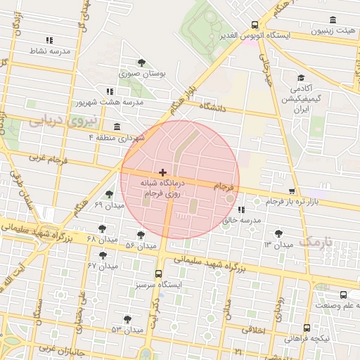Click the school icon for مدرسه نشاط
tap(49, 40)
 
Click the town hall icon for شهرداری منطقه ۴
tap(115, 127)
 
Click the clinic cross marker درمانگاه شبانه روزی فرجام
tap(163, 172)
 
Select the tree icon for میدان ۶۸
tap(103, 229)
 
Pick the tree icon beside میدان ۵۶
tap(141, 235)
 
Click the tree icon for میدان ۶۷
tap(103, 255)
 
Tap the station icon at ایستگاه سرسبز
tap(157, 274)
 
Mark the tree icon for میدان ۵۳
tap(127, 319)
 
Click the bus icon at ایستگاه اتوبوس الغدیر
tap(255, 25)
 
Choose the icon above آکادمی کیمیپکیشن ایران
tap(301, 78)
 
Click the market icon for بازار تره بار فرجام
tap(292, 191)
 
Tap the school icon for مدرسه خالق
tap(241, 210)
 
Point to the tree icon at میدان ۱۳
tap(279, 233)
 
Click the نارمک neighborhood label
tap(314, 242)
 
